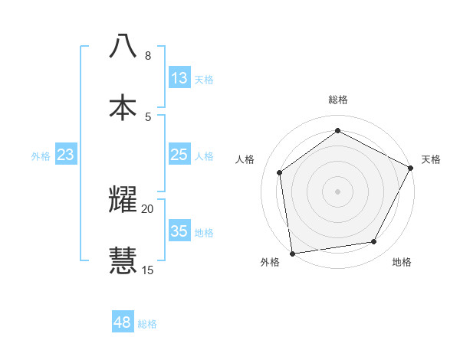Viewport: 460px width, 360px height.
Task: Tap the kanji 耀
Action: (123, 198)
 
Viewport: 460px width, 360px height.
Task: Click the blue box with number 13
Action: (179, 78)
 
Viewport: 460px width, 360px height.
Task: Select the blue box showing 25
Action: (179, 155)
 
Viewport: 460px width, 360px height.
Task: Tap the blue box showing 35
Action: (179, 231)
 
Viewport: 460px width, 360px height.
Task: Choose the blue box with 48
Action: (123, 322)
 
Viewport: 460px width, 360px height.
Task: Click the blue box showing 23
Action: (66, 155)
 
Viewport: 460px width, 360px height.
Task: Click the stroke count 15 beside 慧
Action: (147, 270)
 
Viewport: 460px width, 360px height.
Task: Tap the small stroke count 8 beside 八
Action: (147, 55)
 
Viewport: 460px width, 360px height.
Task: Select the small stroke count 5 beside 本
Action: (147, 116)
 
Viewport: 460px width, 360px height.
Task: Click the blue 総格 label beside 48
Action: (147, 324)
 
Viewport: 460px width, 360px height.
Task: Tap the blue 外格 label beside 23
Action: (41, 156)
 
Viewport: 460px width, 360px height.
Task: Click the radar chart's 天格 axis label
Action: (431, 159)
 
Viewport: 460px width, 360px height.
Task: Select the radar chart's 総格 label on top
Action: (337, 100)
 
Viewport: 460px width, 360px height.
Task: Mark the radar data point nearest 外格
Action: (292, 253)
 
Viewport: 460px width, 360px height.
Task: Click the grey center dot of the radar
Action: (337, 191)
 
